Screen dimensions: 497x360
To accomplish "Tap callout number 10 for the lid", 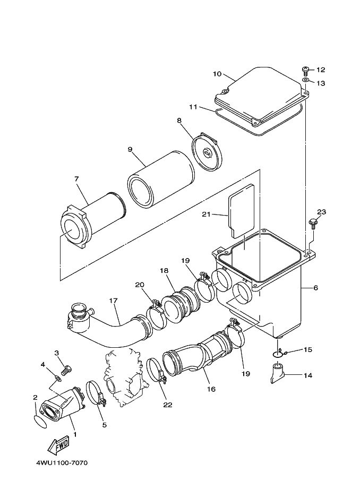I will coord(217,74).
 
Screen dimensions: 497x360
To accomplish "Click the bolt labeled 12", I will coord(306,70).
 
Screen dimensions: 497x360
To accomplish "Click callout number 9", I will coord(130,149).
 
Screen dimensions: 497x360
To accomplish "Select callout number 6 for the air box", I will coord(315,287).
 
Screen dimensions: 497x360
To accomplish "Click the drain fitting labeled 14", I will coord(278,371).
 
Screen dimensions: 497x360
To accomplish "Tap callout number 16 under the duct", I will coord(211,389).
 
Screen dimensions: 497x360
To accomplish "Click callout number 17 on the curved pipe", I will coord(113,300).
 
